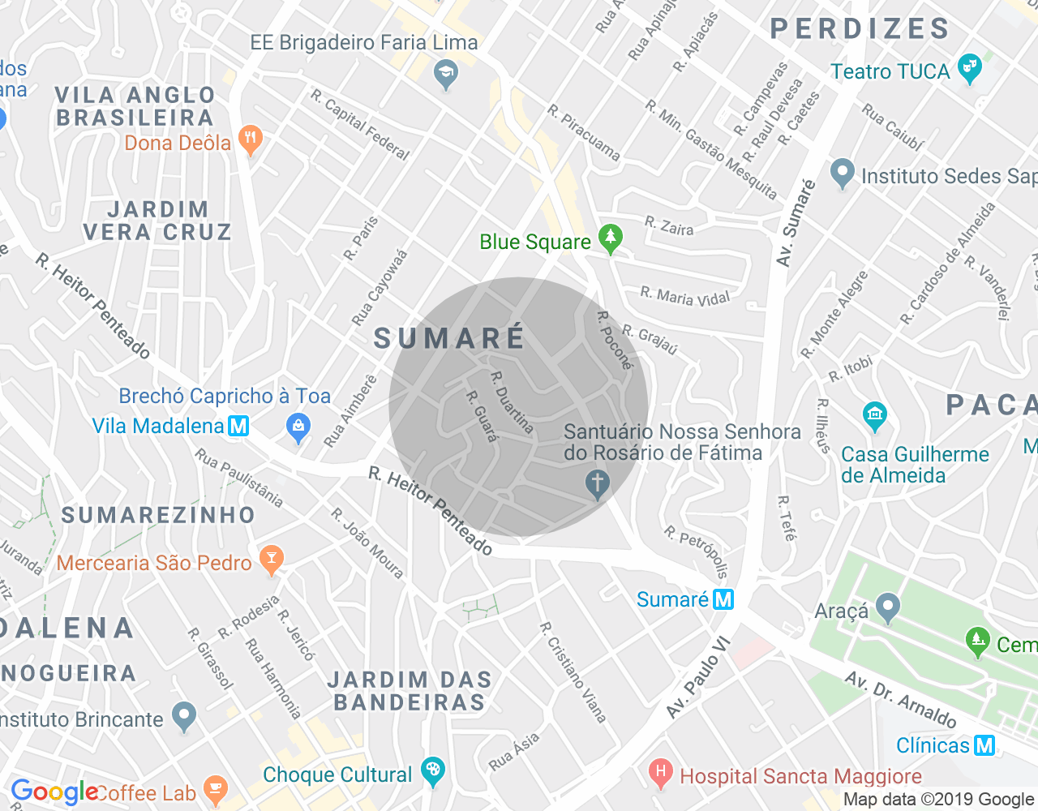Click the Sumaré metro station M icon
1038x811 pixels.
click(x=723, y=599)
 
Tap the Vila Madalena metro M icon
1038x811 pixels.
click(x=238, y=426)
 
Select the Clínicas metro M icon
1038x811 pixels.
click(x=984, y=745)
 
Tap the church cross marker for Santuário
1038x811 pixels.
click(x=598, y=484)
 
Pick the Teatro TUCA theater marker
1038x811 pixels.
click(x=969, y=69)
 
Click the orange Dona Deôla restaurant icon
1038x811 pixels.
click(x=251, y=139)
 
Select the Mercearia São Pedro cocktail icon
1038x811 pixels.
click(x=271, y=560)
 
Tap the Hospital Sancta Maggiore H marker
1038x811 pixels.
click(x=661, y=773)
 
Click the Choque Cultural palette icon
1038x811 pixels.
click(x=433, y=771)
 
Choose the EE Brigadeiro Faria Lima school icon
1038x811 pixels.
click(x=445, y=75)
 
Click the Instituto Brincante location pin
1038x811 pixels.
click(x=185, y=716)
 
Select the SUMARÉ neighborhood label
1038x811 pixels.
click(x=450, y=338)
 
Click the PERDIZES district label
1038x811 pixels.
click(x=860, y=29)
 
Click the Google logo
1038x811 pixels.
click(x=54, y=792)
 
